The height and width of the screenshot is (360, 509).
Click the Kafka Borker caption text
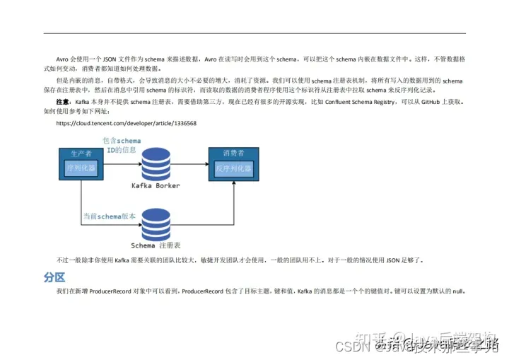click(x=156, y=186)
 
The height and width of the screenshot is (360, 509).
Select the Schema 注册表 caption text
click(x=156, y=245)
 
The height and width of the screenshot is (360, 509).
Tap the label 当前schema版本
click(x=109, y=216)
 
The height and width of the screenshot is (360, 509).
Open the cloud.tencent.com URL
click(x=126, y=123)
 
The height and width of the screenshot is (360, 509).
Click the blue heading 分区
click(x=54, y=277)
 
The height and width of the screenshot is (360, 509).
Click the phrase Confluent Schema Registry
click(x=361, y=102)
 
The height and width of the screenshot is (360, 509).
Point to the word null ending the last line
click(x=457, y=291)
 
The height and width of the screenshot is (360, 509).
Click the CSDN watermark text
click(x=349, y=347)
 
